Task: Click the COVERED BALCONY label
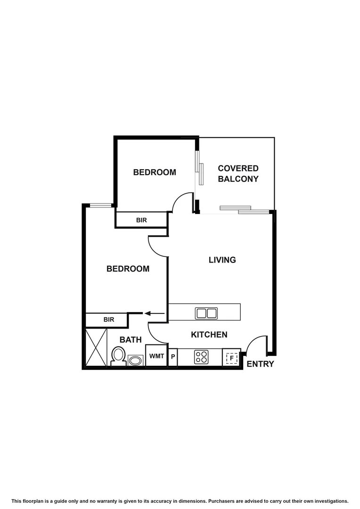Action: tap(238, 173)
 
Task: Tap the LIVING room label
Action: tap(222, 260)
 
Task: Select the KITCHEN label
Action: tap(209, 335)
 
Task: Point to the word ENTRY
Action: tap(260, 364)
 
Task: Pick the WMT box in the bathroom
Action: tap(156, 356)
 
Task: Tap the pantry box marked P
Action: tap(173, 357)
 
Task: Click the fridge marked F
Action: tap(231, 358)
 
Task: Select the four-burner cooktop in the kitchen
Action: tap(201, 357)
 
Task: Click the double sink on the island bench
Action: tap(206, 312)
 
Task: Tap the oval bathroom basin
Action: tap(135, 361)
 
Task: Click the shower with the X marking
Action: tap(97, 347)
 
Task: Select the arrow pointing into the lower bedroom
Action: tap(154, 313)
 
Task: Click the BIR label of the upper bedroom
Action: tap(141, 220)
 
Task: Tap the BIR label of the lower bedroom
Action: tap(109, 320)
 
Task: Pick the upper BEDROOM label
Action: tap(155, 172)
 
